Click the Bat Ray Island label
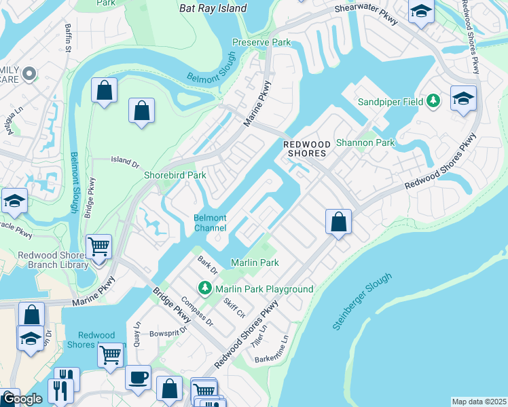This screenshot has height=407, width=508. (213, 9)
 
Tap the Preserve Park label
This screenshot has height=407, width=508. (261, 42)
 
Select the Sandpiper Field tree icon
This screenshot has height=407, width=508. (433, 102)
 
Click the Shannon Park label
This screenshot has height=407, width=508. (365, 143)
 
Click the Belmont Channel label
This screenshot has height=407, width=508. (210, 222)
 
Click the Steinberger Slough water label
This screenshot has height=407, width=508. (362, 301)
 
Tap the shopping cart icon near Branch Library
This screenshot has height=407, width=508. (99, 246)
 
